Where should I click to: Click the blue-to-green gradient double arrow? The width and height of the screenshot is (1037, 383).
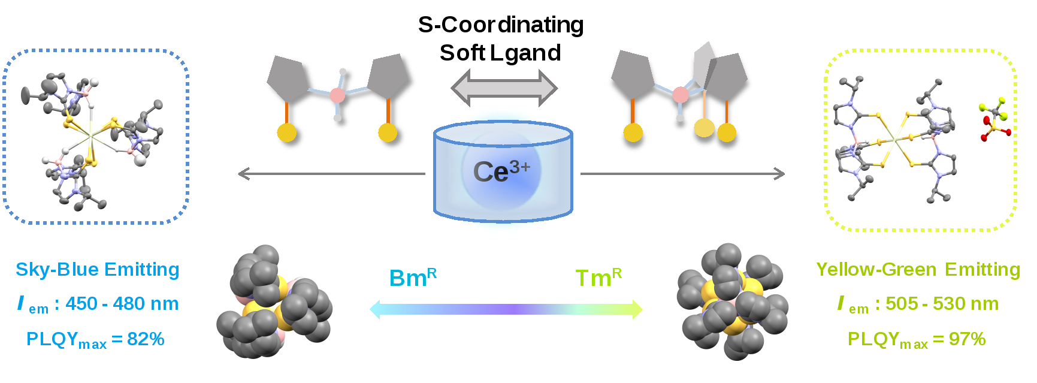click(x=506, y=309)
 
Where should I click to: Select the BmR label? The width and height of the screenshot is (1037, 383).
click(x=413, y=278)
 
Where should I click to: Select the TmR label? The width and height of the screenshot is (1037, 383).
click(x=598, y=278)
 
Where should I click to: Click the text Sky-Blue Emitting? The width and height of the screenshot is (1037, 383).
click(x=97, y=270)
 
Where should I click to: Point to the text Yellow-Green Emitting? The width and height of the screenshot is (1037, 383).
click(x=918, y=270)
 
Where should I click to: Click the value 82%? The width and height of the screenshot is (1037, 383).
click(x=146, y=339)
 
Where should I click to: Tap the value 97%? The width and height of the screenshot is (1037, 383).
click(x=967, y=339)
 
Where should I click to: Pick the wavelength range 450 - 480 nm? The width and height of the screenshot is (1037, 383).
click(x=122, y=304)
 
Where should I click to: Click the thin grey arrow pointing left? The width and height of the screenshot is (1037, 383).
click(x=331, y=174)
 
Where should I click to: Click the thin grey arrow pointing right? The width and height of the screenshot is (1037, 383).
click(x=682, y=174)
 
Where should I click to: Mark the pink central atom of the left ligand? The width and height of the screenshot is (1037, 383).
click(x=338, y=95)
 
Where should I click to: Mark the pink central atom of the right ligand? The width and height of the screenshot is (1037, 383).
click(x=680, y=94)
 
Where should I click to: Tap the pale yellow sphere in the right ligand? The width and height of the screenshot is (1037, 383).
click(x=704, y=128)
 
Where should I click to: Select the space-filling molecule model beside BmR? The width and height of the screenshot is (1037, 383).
click(x=274, y=301)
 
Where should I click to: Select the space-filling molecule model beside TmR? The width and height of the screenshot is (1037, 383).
click(x=732, y=301)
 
